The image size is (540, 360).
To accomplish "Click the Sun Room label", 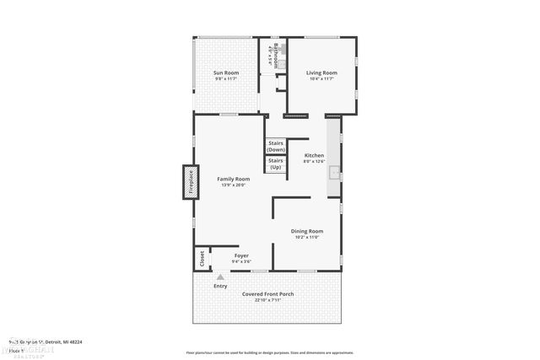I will [x=226, y=73].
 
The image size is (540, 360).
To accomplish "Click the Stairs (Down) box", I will [x=276, y=147].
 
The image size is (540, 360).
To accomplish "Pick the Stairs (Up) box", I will [x=276, y=164].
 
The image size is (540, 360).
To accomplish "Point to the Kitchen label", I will [x=314, y=155].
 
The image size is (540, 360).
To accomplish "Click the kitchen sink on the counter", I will [x=334, y=175].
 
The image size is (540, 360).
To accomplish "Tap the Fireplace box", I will [x=190, y=183].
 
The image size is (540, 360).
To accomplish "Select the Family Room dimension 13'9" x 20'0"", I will [x=233, y=185].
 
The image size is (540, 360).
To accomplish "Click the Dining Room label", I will [x=307, y=231].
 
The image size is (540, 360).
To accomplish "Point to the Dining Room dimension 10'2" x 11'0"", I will [x=307, y=237].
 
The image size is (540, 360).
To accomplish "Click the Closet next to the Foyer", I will [x=202, y=259].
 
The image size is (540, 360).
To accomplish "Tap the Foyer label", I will [x=241, y=255].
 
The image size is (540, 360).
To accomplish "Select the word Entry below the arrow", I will [x=220, y=286].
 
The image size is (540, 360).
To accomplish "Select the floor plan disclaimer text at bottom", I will [x=269, y=352].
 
